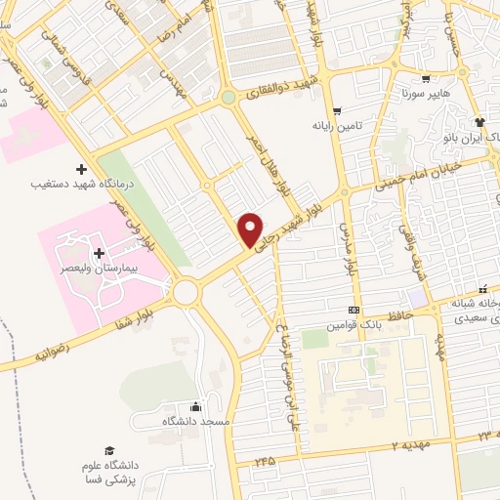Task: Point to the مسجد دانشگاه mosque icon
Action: pos(196,406)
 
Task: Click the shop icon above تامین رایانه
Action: pos(337,111)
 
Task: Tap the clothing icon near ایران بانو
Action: pos(479,122)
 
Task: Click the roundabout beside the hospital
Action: pos(186,291)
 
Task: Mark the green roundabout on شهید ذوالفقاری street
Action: pos(228,98)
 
